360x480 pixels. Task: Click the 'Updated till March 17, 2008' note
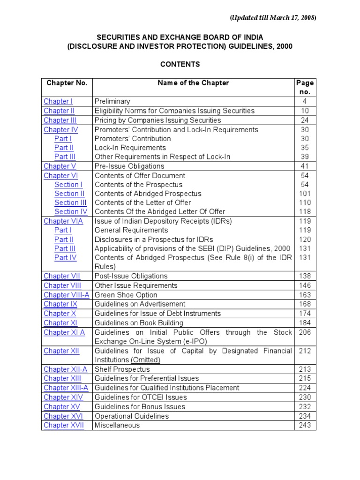(273, 18)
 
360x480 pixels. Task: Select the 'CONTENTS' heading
(180, 64)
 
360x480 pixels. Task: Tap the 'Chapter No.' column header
(67, 83)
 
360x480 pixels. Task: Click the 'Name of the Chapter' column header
(193, 83)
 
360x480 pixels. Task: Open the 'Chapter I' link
(58, 101)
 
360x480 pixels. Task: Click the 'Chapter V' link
(60, 166)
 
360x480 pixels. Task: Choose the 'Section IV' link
(71, 211)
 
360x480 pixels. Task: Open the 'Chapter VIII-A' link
(67, 295)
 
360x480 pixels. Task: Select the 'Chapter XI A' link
(64, 332)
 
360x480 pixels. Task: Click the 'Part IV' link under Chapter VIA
(65, 257)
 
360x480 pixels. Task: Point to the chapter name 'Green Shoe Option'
(126, 295)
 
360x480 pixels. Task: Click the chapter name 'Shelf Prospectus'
(122, 369)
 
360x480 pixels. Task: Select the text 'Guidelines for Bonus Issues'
(140, 406)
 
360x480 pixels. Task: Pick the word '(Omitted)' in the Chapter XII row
(145, 360)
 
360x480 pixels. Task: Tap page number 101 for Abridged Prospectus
(305, 194)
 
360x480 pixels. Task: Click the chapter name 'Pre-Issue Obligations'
(129, 166)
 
